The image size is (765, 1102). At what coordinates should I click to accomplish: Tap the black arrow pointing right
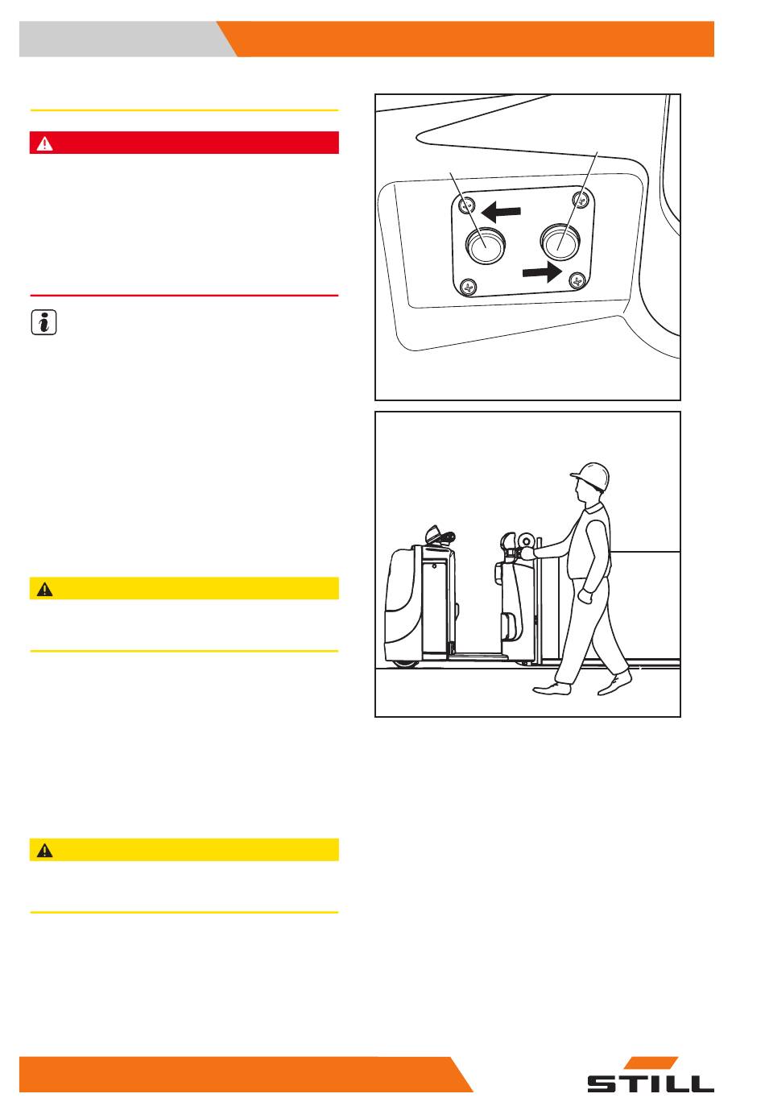(541, 271)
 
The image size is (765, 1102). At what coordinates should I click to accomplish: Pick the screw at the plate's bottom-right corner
(576, 280)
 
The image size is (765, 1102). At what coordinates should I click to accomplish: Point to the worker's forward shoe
(552, 688)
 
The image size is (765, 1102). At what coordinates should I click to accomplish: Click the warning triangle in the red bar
(44, 143)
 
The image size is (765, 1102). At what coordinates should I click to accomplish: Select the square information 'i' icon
(43, 323)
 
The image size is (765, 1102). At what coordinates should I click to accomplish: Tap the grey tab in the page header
(121, 39)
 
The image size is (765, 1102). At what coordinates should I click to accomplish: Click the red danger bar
(184, 143)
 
